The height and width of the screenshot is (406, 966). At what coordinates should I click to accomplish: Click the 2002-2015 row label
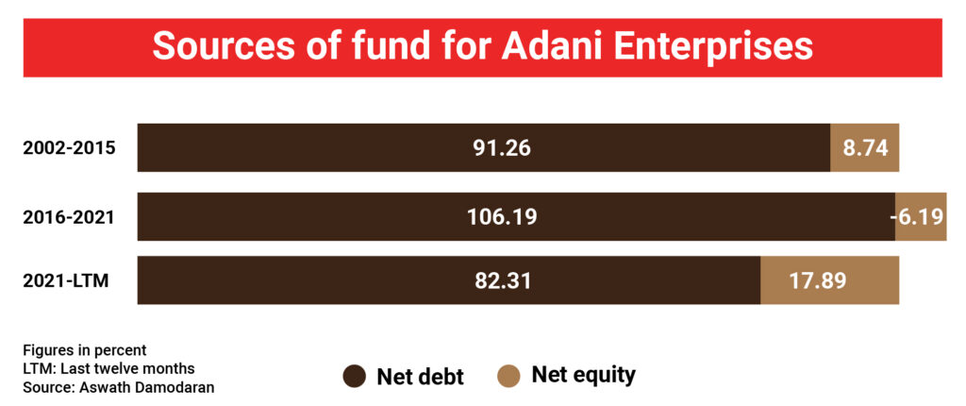coord(70,148)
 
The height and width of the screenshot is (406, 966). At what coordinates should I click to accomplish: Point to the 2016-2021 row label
coord(69,217)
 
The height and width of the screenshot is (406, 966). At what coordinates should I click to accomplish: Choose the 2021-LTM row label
coord(66,280)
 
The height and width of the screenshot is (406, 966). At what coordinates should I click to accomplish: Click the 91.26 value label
coord(502,148)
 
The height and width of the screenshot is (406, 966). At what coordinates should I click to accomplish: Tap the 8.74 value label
coord(866,148)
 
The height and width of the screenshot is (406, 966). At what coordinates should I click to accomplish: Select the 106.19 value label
coord(502,217)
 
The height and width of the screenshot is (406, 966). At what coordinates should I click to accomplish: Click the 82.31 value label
coord(502,280)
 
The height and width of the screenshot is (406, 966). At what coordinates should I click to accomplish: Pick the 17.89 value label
coord(818,280)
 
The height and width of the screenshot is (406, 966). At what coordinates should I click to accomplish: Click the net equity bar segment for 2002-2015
coord(865,147)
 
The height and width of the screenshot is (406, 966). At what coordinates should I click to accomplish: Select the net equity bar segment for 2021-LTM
coord(830,280)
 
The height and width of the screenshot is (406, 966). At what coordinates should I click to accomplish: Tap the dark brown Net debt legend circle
coord(355,377)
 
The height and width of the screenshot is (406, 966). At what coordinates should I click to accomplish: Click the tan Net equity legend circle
coord(508,375)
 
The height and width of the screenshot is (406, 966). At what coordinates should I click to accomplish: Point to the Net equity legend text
coord(583,375)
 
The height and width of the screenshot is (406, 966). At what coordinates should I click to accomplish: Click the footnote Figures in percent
coord(85,350)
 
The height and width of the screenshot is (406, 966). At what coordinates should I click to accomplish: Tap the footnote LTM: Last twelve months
coord(109,369)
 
